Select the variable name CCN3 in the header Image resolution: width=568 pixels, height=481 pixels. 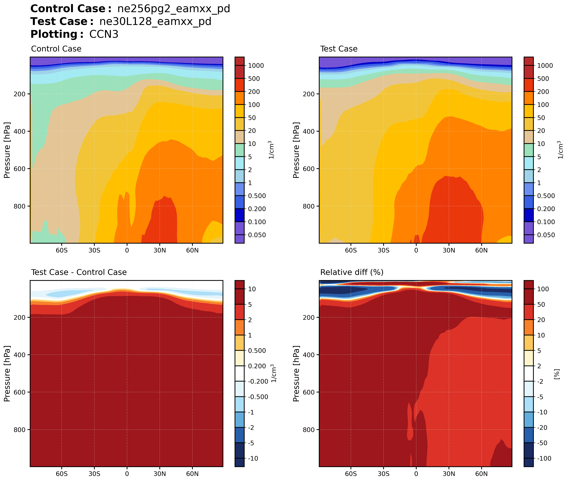(104, 34)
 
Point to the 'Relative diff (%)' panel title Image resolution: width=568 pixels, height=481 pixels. (352, 272)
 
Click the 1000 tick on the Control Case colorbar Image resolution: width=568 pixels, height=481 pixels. (256, 66)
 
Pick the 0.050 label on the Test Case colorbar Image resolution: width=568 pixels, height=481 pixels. (546, 235)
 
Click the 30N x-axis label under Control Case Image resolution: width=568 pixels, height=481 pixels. (159, 250)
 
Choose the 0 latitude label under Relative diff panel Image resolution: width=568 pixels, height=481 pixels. (416, 474)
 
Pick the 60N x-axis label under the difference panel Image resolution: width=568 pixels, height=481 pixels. (192, 474)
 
